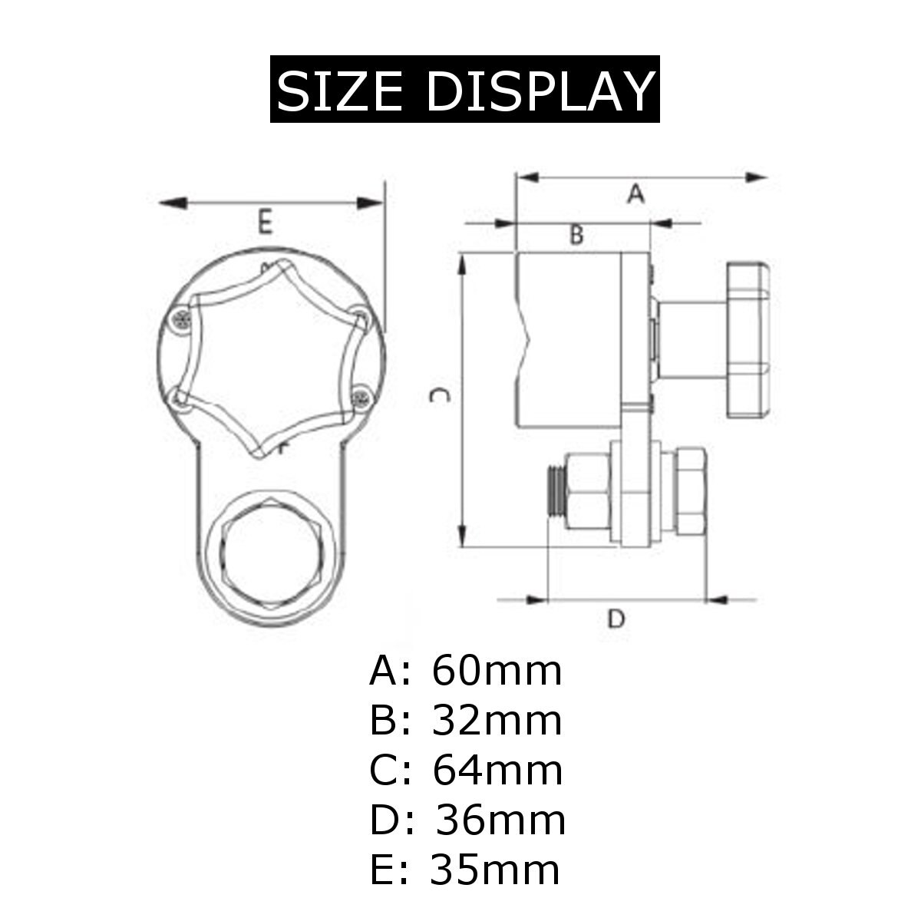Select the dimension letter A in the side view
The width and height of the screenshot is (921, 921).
(x=635, y=194)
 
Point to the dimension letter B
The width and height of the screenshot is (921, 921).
(x=576, y=235)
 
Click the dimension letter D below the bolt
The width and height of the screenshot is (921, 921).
(x=616, y=618)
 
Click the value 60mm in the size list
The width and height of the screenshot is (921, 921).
(x=497, y=671)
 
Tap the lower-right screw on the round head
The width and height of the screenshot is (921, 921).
(x=360, y=396)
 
